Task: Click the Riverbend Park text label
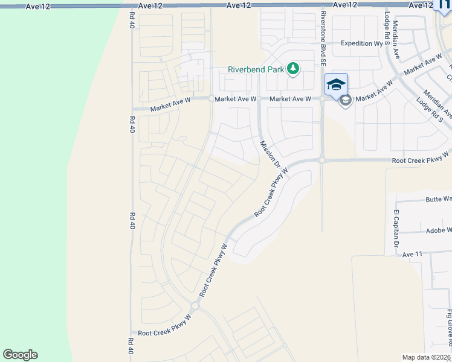point(256,69)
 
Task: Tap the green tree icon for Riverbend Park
point(293,69)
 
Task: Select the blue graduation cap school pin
point(336,84)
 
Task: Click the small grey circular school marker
point(346,100)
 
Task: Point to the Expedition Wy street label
point(363,43)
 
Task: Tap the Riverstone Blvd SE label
point(323,38)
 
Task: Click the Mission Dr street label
point(270,154)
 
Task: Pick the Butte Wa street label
point(439,198)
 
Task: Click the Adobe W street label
point(439,230)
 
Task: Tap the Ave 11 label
point(412,255)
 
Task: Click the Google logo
point(20,355)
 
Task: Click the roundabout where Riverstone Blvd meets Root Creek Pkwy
point(323,160)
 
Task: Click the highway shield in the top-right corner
point(444,5)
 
